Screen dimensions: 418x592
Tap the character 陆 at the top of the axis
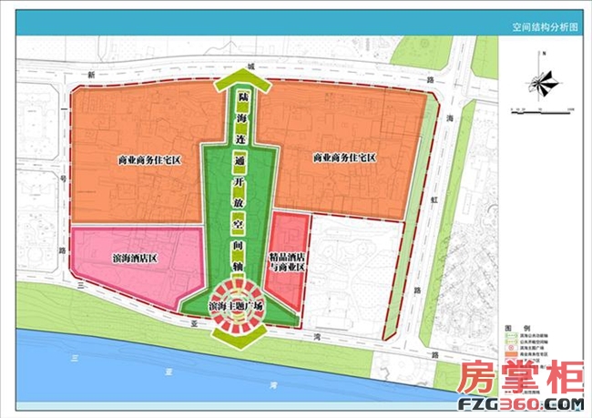coord(241,95)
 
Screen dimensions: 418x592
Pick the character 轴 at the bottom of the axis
coord(240,266)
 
